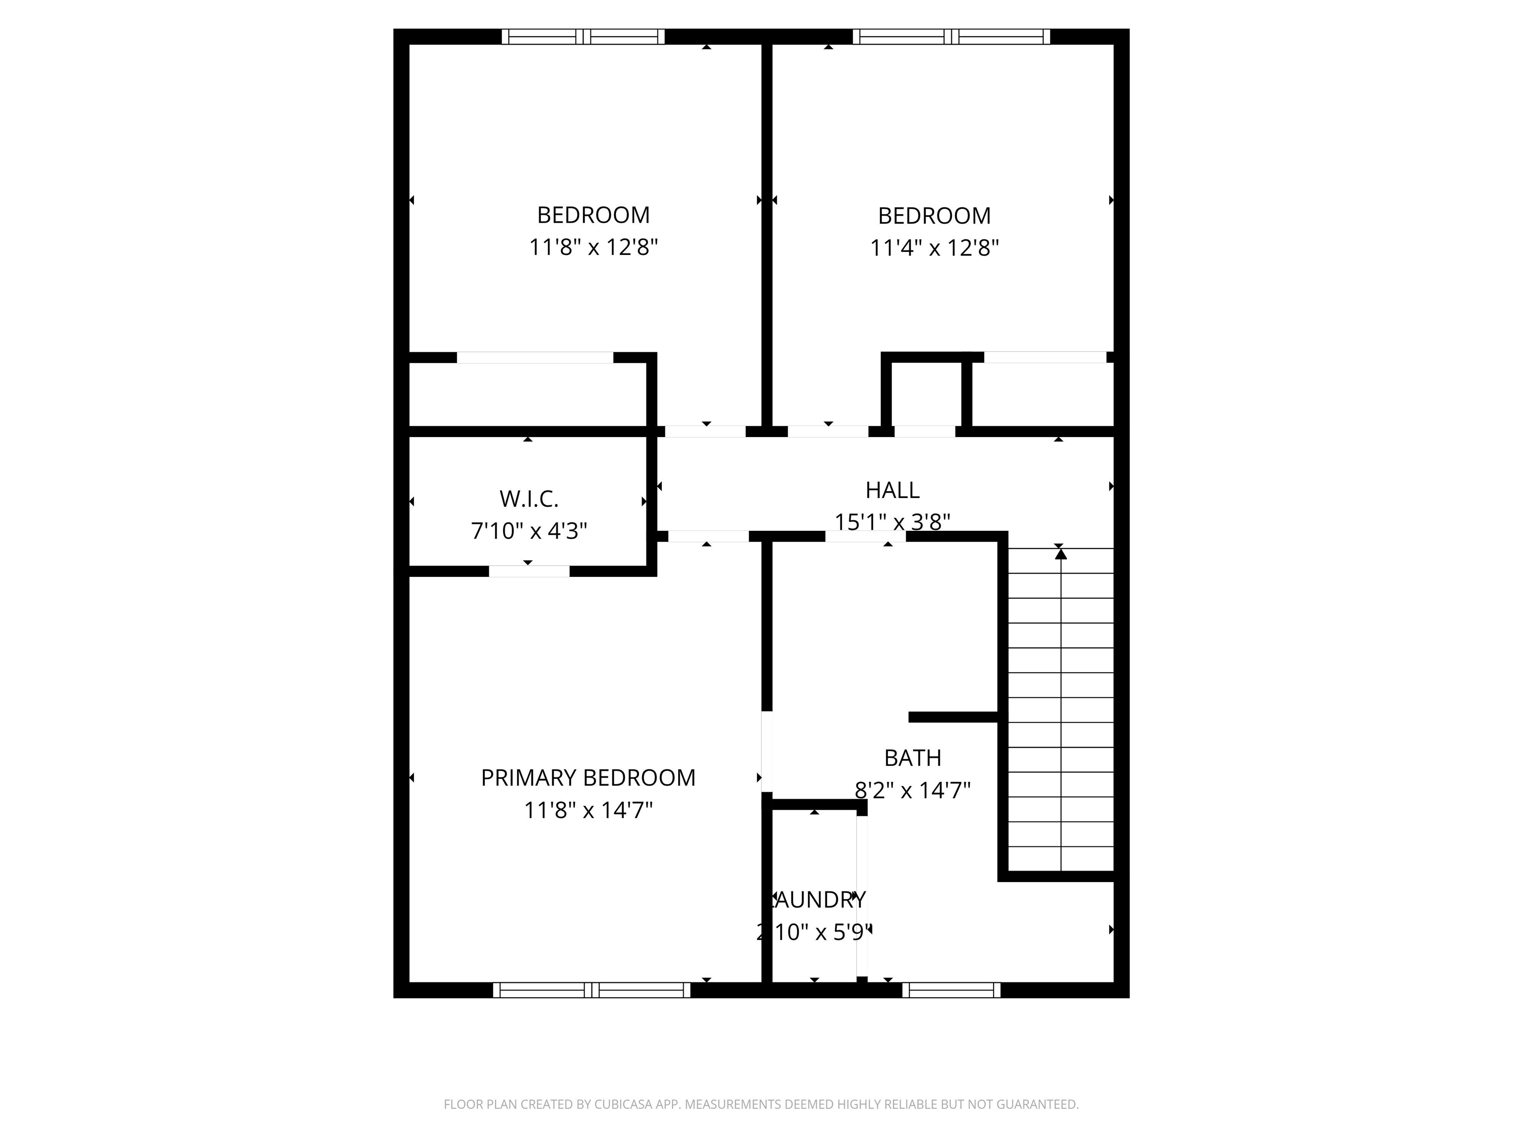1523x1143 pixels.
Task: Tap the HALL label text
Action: pos(892,490)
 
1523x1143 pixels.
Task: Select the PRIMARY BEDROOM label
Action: pos(588,777)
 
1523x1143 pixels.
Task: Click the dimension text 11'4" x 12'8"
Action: pos(935,248)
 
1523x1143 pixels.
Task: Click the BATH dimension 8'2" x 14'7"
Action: pos(912,790)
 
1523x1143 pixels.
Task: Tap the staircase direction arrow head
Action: pos(1060,553)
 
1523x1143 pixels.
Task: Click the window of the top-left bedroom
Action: pos(583,37)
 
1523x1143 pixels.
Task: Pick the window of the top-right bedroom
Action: pos(951,37)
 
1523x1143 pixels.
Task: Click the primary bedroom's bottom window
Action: pos(591,990)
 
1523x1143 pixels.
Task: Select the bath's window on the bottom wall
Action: pos(951,990)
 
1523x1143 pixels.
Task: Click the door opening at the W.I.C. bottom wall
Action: pos(529,571)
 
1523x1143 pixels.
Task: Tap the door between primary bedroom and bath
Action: pos(766,751)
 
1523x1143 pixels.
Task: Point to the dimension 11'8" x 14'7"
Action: pos(588,810)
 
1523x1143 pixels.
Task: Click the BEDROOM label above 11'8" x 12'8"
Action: pos(593,215)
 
